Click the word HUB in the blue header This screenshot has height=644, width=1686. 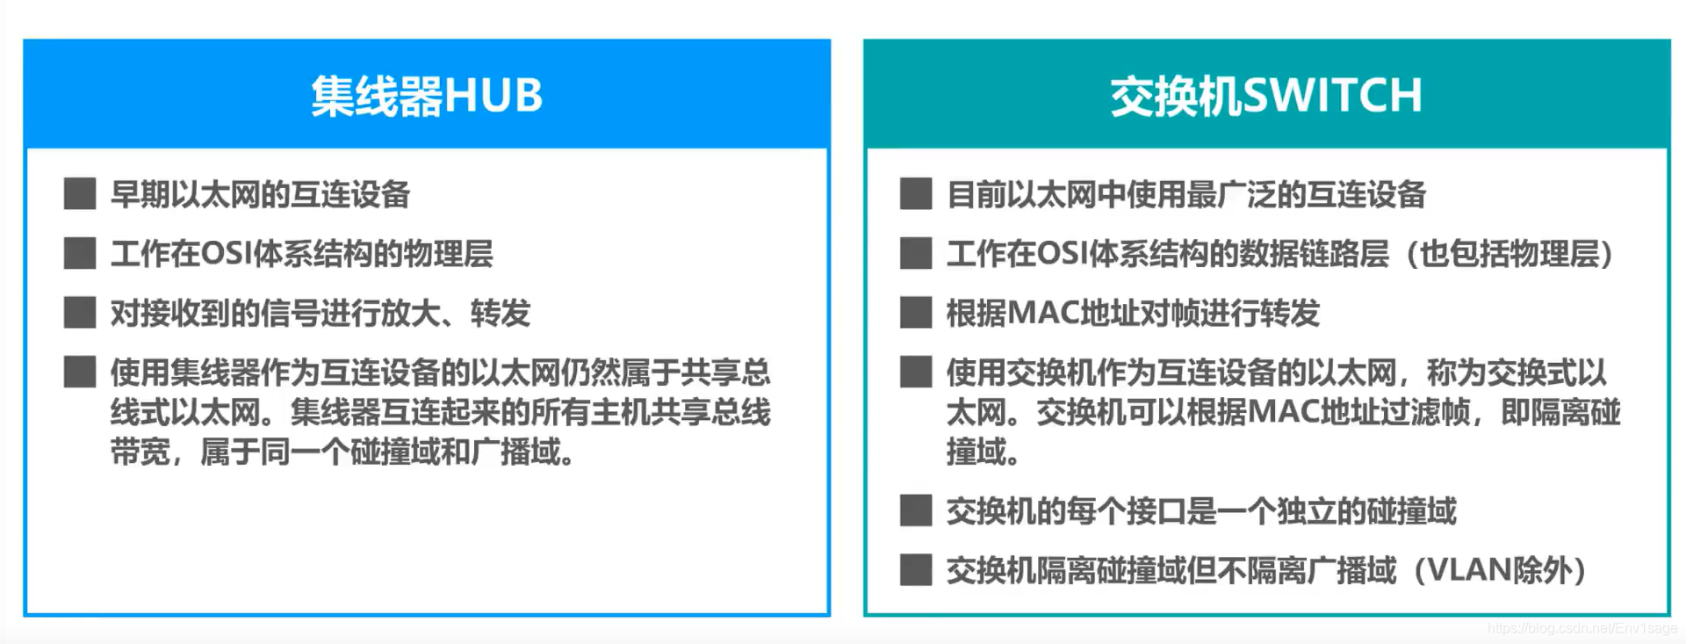point(494,96)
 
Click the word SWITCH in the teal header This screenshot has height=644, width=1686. point(1332,96)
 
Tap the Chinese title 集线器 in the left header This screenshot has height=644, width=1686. point(377,96)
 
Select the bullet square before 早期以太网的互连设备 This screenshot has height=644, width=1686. point(80,194)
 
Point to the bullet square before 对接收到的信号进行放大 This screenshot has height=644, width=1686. point(80,313)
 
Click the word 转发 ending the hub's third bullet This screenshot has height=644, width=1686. point(501,313)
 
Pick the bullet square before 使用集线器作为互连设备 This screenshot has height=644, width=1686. point(80,373)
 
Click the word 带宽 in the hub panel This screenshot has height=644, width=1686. point(140,452)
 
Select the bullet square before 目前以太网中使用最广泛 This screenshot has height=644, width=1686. point(916,194)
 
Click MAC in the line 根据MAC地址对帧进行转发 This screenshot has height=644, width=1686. point(1044,313)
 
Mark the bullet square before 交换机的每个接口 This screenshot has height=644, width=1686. point(916,510)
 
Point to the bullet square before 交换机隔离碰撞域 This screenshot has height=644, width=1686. point(916,570)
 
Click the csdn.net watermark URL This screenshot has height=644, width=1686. point(1582,629)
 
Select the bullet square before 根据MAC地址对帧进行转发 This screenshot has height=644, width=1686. point(916,313)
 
